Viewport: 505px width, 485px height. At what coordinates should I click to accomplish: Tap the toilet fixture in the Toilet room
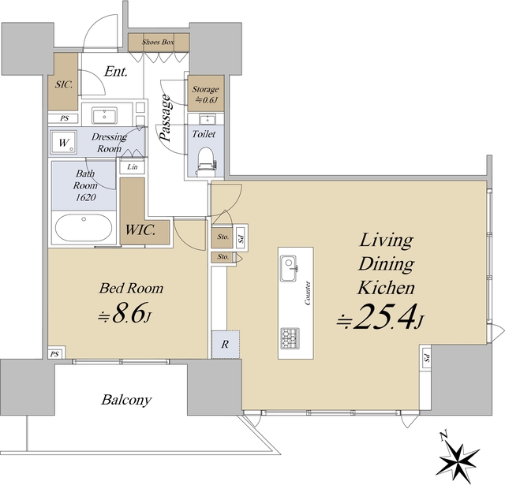tap(206, 161)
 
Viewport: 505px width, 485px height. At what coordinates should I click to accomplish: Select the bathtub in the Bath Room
tap(84, 228)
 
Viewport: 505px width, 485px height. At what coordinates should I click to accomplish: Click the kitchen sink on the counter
tap(289, 268)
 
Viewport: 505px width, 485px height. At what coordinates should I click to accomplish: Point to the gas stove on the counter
tap(290, 338)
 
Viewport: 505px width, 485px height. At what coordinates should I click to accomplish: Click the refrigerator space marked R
tap(226, 344)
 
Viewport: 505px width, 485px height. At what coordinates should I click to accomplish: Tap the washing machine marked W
tap(64, 142)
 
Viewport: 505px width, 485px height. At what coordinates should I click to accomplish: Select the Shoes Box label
tap(158, 42)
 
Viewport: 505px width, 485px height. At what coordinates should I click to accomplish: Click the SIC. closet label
tap(64, 84)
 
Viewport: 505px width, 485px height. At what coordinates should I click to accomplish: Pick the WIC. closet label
tap(140, 229)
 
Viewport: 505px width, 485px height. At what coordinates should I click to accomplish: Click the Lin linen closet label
tap(133, 166)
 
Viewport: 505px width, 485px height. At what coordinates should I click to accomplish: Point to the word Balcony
tap(126, 400)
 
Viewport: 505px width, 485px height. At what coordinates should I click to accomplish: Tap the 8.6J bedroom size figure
tap(125, 312)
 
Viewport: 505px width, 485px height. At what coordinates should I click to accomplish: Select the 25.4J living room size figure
tap(381, 317)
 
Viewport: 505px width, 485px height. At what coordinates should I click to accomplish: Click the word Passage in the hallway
tap(165, 118)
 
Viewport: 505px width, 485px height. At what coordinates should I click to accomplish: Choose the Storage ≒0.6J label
tap(205, 95)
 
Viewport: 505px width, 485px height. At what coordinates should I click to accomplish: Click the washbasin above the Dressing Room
tap(104, 116)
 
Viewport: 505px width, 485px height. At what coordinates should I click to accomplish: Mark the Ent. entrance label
tap(116, 72)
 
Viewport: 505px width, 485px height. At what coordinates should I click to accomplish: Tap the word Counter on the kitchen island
tap(308, 293)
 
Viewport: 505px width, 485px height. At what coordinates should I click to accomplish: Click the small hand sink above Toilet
tap(206, 119)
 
